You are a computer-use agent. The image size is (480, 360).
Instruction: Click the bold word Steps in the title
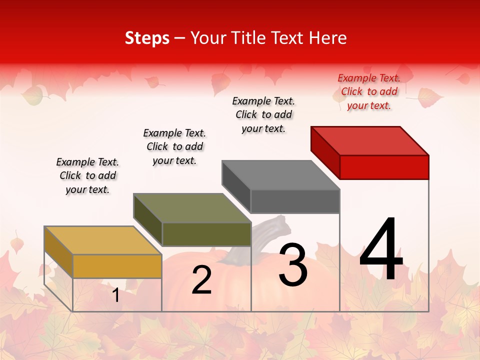click(147, 38)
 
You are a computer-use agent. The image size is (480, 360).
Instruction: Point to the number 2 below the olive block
click(201, 280)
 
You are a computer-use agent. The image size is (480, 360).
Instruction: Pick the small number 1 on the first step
click(116, 295)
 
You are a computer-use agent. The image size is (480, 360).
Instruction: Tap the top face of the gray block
click(281, 175)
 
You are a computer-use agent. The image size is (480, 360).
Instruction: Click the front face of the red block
click(384, 167)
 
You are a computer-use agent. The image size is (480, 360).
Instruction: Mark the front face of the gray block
click(295, 201)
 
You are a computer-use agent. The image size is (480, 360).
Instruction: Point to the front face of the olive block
click(206, 234)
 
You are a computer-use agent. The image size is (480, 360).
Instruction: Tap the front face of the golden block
click(117, 266)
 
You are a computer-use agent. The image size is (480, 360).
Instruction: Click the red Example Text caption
click(369, 91)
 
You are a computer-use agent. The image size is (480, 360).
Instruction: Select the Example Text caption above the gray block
click(263, 114)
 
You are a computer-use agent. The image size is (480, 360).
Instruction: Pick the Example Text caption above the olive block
click(174, 146)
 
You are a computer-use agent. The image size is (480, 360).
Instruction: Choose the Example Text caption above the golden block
click(87, 175)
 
